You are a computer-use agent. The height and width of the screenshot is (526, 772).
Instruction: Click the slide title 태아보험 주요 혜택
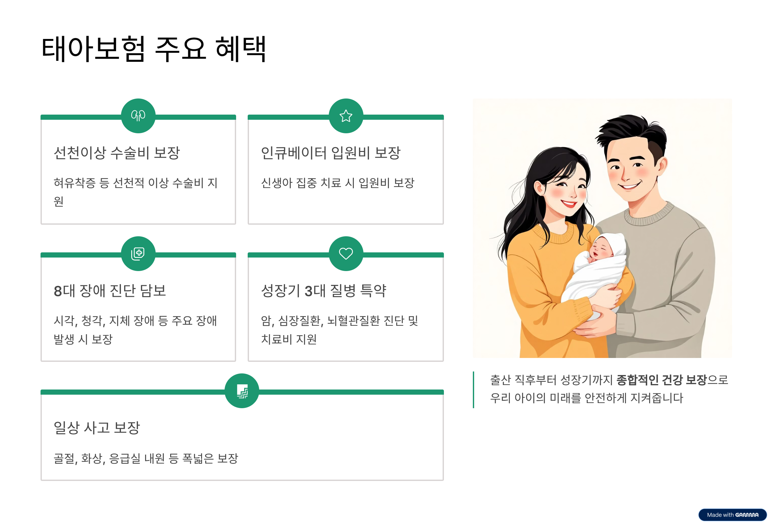(x=153, y=49)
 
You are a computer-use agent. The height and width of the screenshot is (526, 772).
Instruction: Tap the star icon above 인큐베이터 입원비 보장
(x=345, y=116)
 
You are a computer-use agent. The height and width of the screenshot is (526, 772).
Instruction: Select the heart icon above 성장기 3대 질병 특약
(x=345, y=253)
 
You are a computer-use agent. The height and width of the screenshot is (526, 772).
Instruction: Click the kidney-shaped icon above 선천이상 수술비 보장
(x=138, y=116)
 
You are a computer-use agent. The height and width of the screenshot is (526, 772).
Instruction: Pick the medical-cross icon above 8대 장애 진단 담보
(x=138, y=253)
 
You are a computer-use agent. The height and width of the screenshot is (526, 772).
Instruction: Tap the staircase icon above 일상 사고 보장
(x=242, y=391)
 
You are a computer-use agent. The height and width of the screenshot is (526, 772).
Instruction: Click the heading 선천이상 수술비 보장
(x=116, y=153)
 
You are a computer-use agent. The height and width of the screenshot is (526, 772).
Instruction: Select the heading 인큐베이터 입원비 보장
(x=331, y=153)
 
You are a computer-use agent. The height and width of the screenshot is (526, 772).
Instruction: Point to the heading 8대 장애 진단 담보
(x=110, y=291)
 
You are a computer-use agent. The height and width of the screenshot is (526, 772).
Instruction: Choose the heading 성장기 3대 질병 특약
(x=324, y=291)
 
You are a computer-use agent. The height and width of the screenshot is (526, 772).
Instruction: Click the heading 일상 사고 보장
(x=97, y=427)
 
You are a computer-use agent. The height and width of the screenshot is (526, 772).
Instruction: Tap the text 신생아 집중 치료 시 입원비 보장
(x=337, y=183)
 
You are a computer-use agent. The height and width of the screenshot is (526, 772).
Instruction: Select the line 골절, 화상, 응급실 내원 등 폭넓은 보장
(x=146, y=458)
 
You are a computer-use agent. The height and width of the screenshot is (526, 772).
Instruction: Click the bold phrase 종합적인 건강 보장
(x=661, y=380)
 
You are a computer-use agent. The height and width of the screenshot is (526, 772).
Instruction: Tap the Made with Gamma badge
(x=732, y=515)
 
